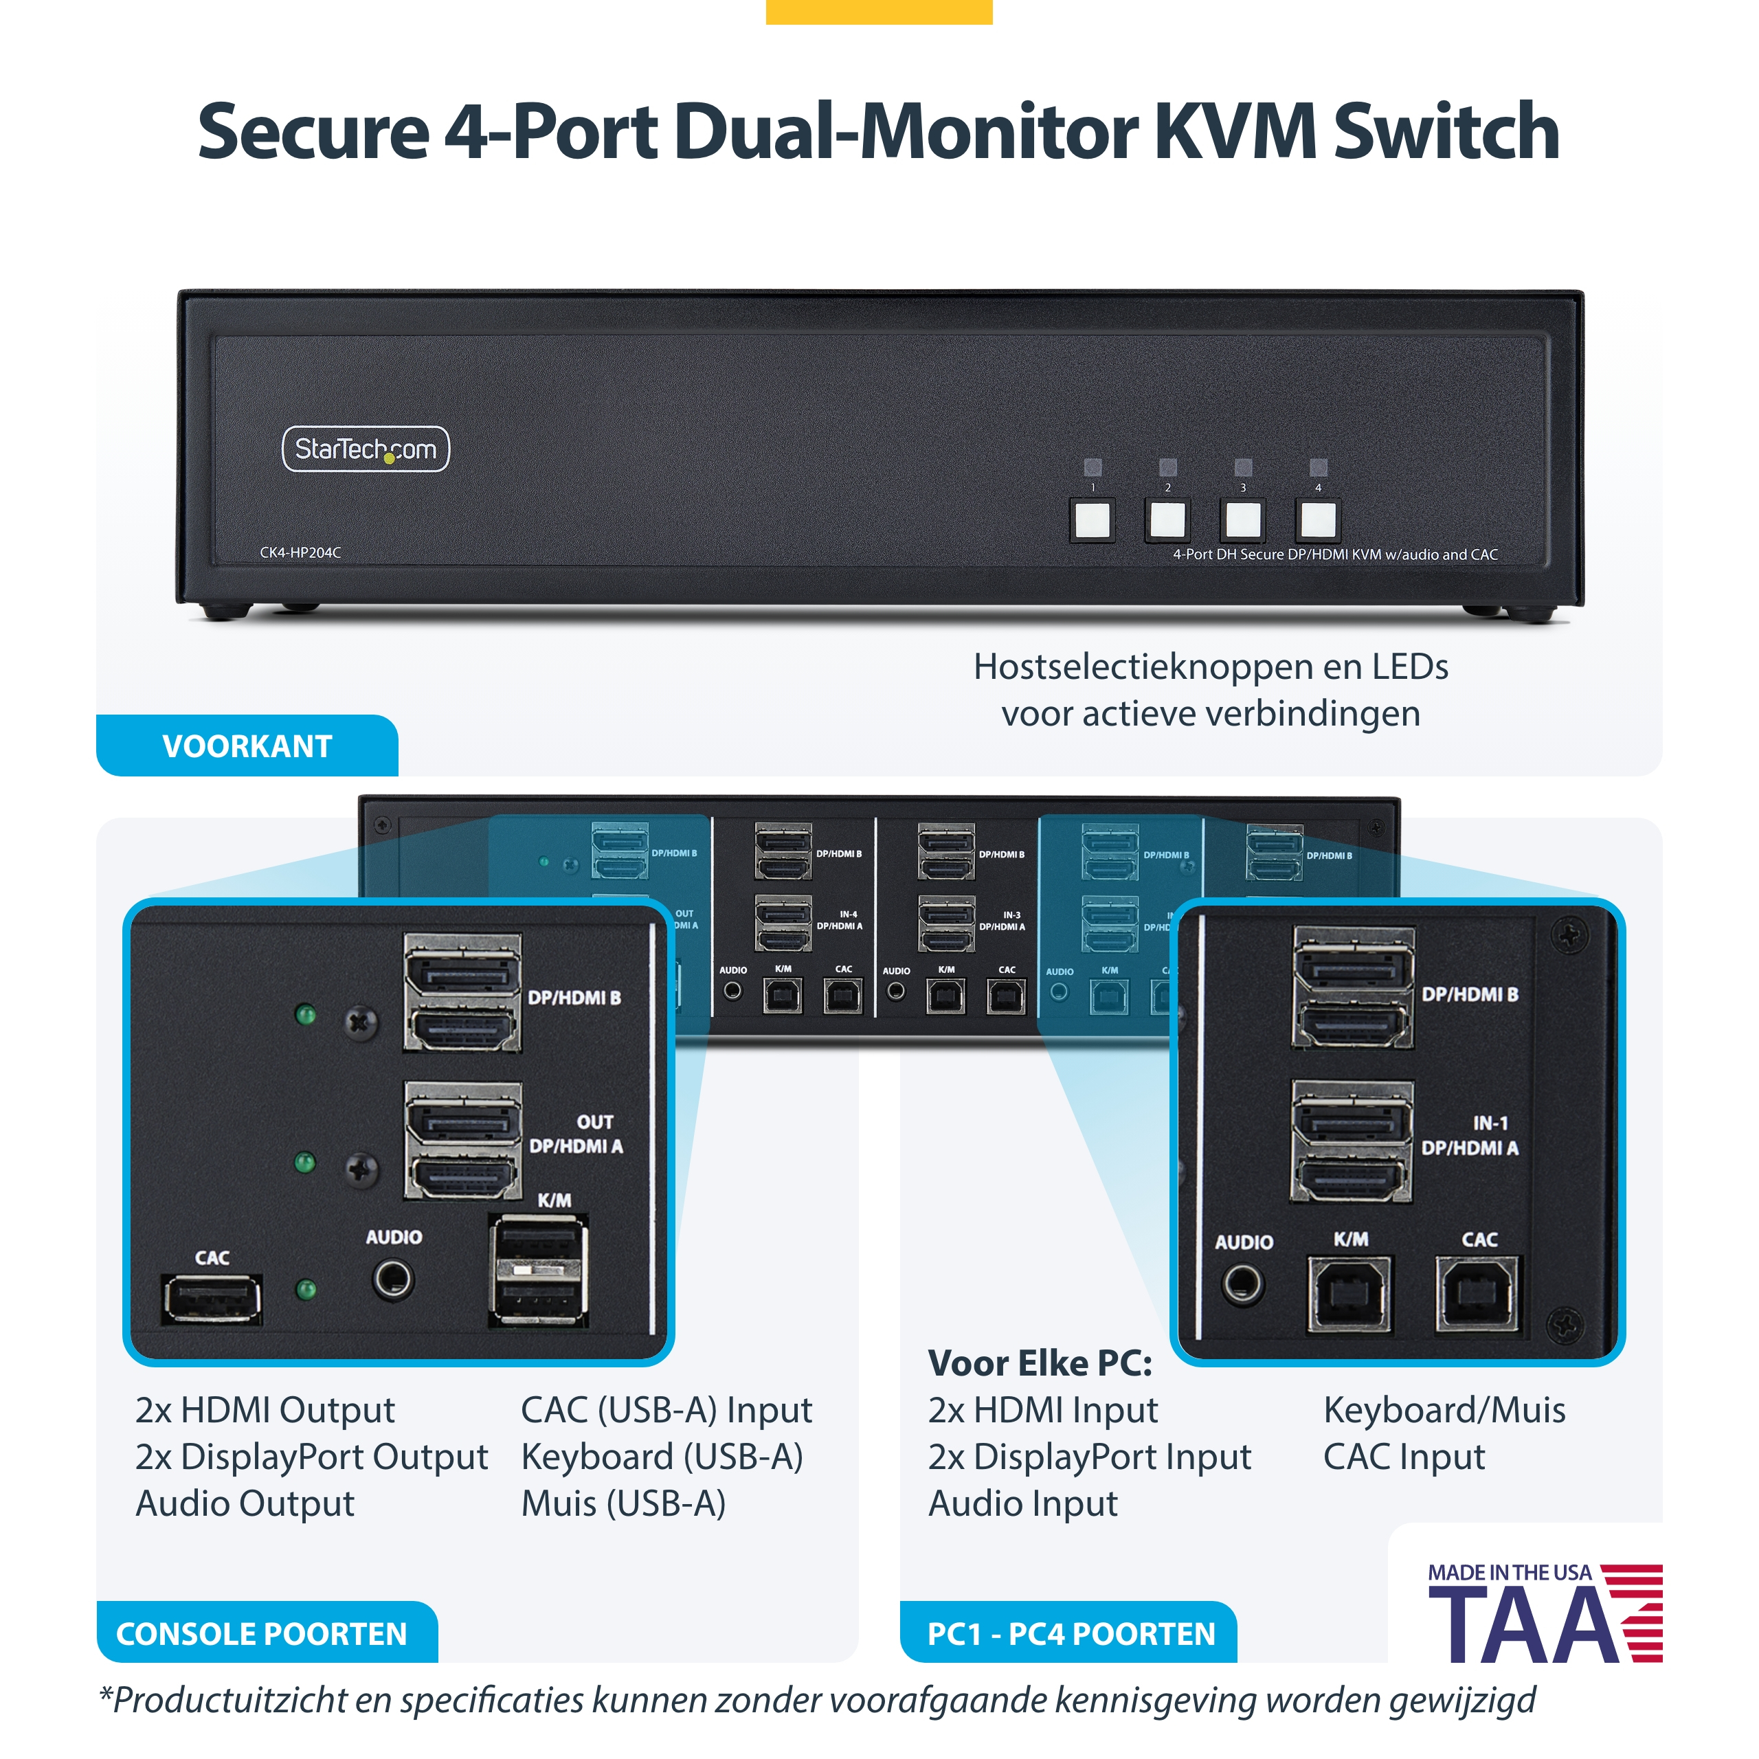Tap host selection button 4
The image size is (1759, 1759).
click(x=1317, y=520)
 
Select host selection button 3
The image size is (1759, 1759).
click(x=1243, y=520)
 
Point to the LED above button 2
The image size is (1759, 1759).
click(x=1167, y=467)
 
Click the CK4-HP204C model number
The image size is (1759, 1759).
click(x=300, y=552)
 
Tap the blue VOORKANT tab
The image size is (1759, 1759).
click(x=247, y=746)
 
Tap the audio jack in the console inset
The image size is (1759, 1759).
click(x=393, y=1280)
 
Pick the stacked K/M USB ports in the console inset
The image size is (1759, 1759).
click(x=539, y=1270)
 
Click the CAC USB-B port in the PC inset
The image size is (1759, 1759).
click(x=1476, y=1294)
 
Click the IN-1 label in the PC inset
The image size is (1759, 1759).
click(x=1490, y=1123)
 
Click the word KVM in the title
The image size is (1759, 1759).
click(x=1235, y=132)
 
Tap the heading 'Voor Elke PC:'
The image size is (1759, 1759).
click(x=1040, y=1364)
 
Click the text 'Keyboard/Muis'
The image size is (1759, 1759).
click(x=1444, y=1411)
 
